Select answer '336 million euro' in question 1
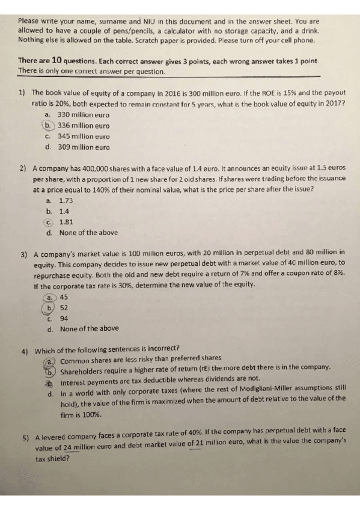(83, 126)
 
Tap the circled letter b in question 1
(48, 125)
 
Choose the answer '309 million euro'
(83, 147)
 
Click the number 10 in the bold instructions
(57, 61)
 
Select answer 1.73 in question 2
(66, 200)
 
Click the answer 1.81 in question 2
(66, 221)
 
